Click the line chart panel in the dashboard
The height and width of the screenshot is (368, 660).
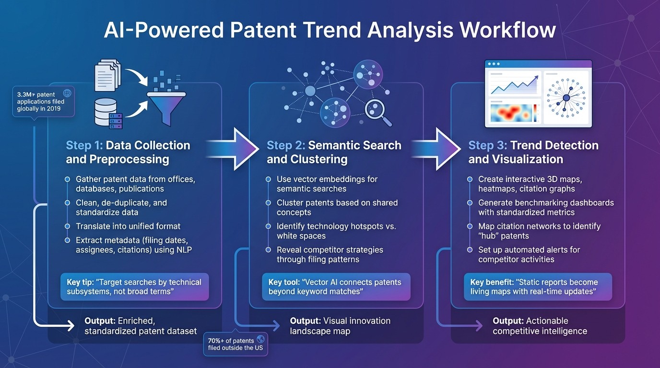[x=514, y=84]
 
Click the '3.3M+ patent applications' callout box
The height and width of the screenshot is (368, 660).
[x=43, y=102]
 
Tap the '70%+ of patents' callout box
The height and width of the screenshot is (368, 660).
[x=236, y=344]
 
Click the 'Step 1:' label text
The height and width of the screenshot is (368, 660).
[x=84, y=146]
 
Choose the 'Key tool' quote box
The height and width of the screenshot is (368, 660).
[x=336, y=287]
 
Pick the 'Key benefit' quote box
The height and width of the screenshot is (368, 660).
[x=537, y=287]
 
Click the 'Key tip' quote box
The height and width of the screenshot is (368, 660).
[x=134, y=287]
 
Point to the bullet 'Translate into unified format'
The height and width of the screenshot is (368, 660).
[x=128, y=226]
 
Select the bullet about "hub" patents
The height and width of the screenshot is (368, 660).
[x=539, y=231]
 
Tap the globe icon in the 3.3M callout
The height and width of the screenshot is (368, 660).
[x=67, y=94]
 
